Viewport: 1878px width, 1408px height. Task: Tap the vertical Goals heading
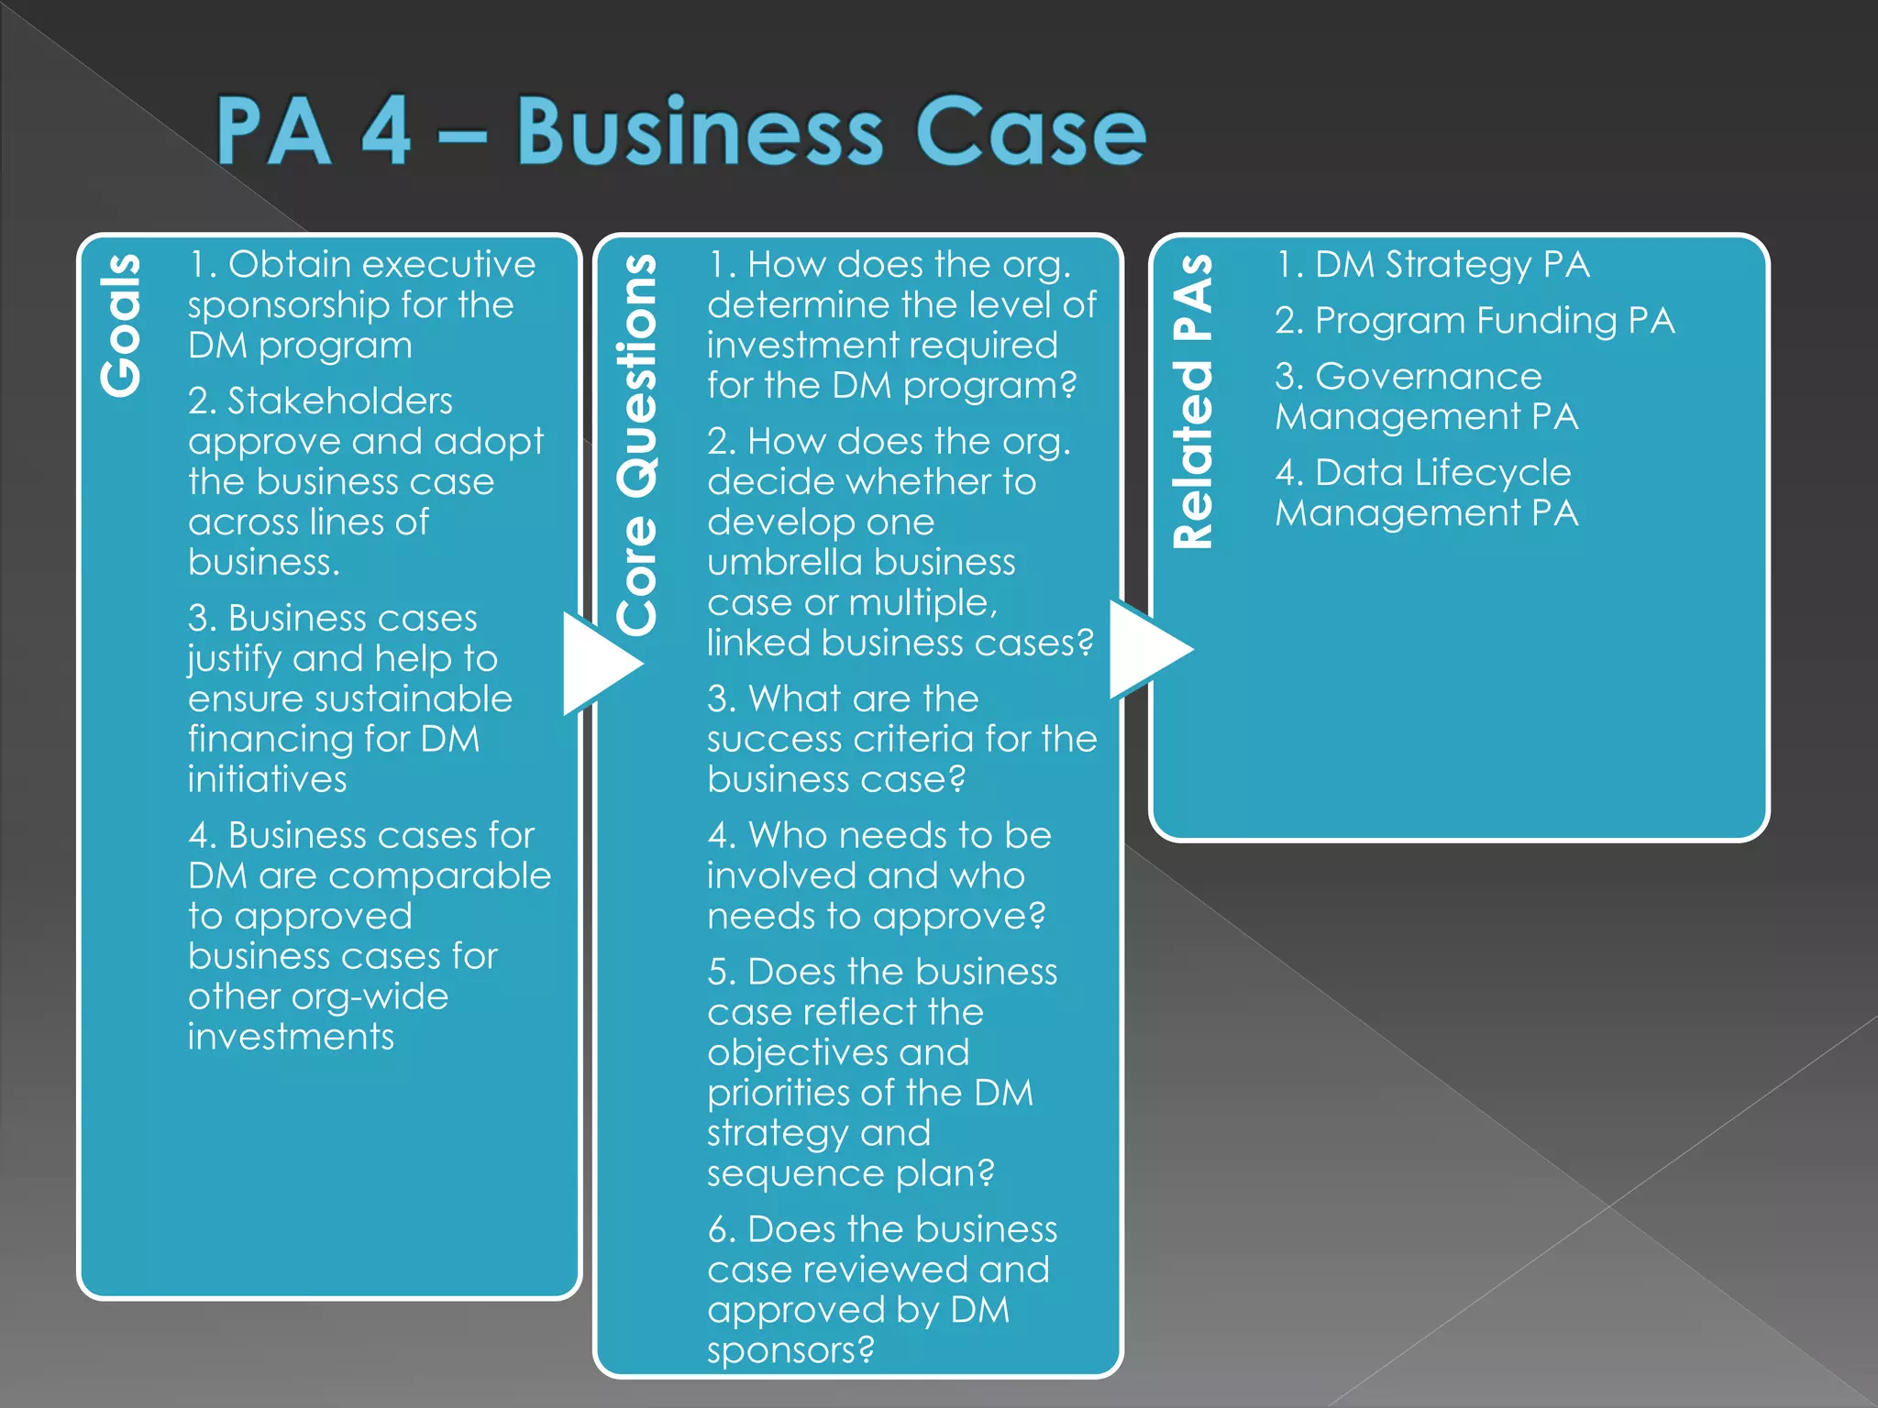click(x=122, y=325)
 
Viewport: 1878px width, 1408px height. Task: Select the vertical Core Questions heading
click(x=637, y=445)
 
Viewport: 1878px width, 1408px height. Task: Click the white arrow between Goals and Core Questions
click(x=597, y=663)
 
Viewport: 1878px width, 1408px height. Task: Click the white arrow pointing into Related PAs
click(x=1145, y=649)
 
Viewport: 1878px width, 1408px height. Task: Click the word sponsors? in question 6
click(x=790, y=1350)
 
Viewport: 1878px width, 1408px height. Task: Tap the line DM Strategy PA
click(x=1432, y=264)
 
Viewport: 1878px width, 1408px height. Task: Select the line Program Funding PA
click(x=1475, y=320)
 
